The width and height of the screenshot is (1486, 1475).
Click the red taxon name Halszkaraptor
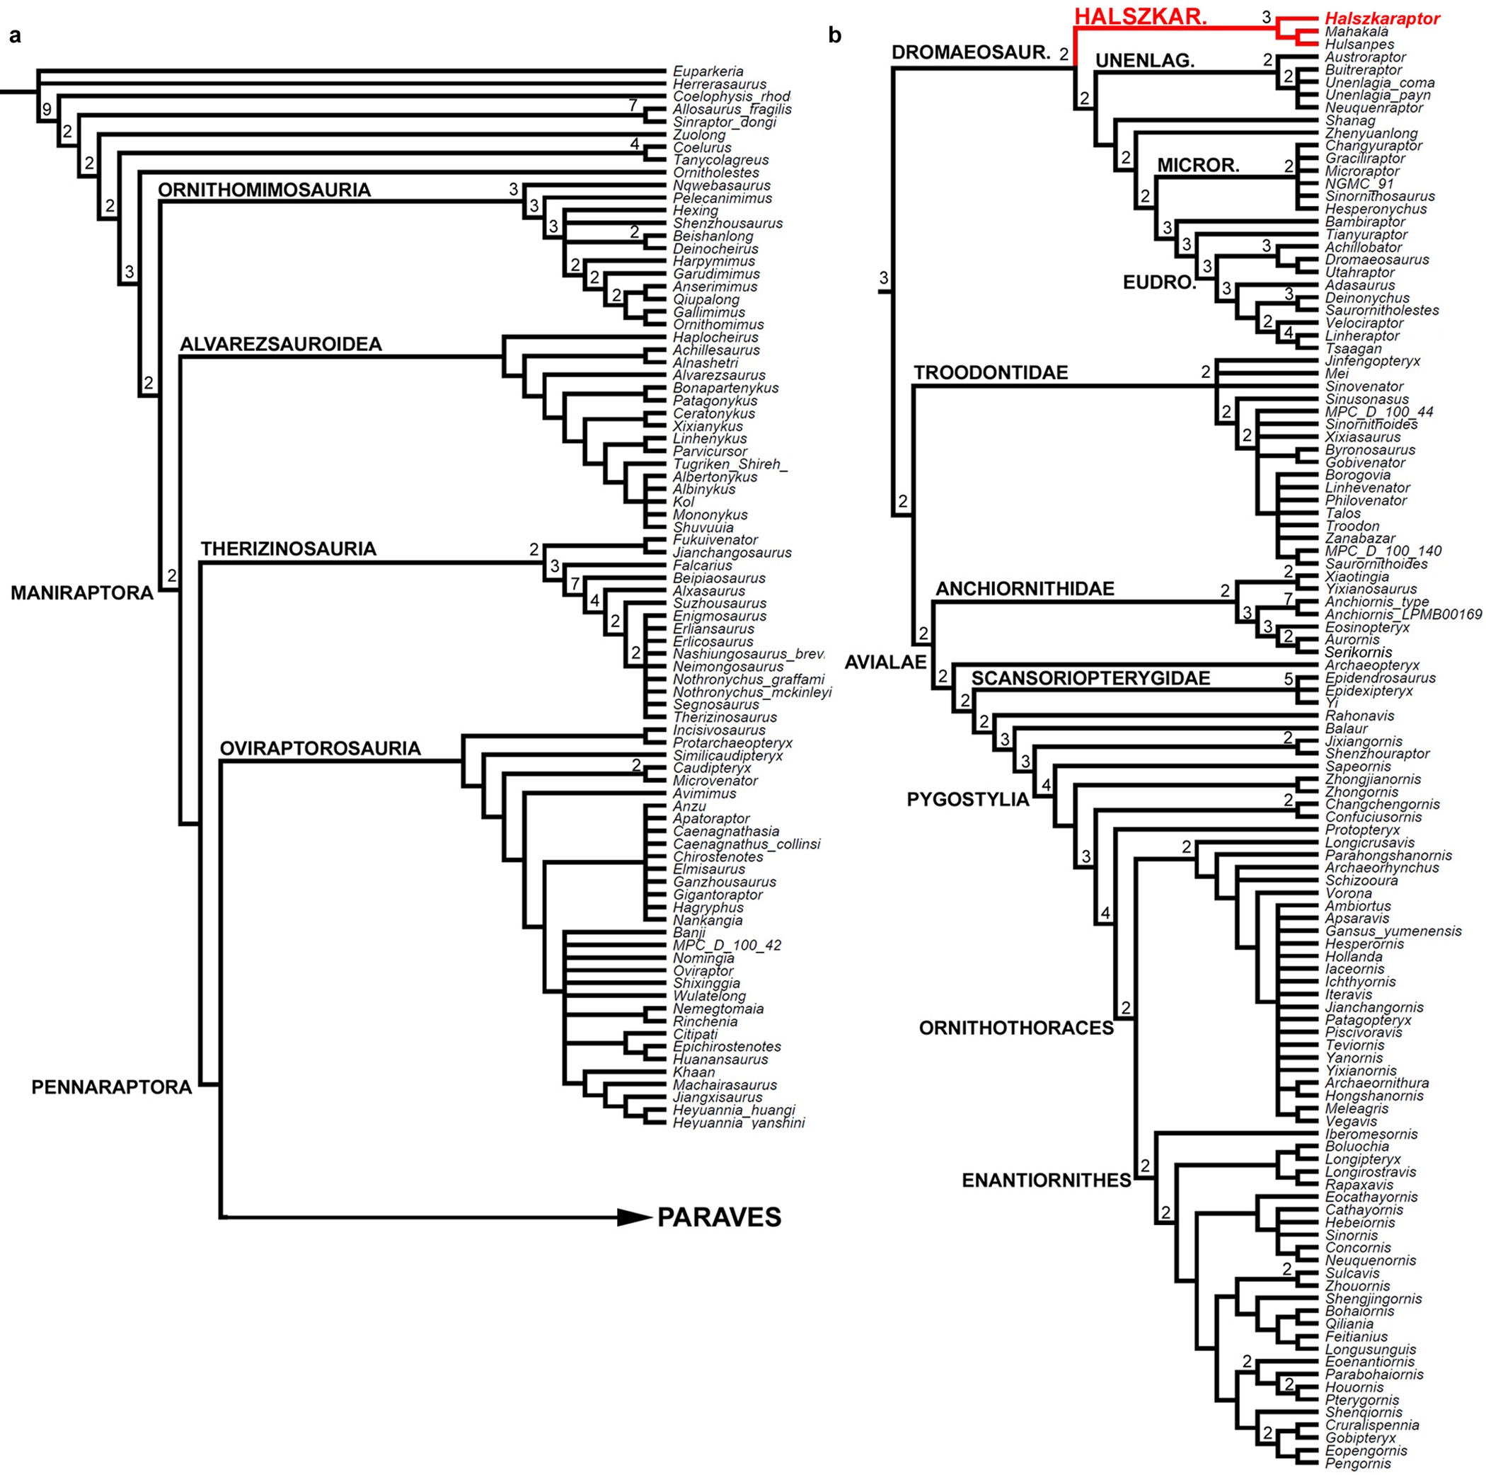(x=1382, y=19)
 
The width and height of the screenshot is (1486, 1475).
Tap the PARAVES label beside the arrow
(x=719, y=1217)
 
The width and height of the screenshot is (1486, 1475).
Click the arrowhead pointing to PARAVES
(x=635, y=1217)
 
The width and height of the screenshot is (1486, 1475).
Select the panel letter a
(x=15, y=35)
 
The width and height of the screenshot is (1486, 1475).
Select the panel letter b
(x=835, y=35)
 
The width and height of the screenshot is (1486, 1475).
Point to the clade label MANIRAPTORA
(x=81, y=592)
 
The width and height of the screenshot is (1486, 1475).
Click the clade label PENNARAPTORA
(x=112, y=1086)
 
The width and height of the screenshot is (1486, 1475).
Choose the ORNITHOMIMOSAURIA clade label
(x=264, y=190)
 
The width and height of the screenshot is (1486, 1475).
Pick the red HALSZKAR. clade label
(x=1140, y=17)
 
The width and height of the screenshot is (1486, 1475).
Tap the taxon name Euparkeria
(x=708, y=71)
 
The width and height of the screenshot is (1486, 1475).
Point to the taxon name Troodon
(x=1352, y=525)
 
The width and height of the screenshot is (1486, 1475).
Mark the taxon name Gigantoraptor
(x=718, y=894)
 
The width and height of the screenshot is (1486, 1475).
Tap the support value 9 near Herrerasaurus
(x=47, y=109)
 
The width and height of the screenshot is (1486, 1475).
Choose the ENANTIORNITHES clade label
(x=1046, y=1181)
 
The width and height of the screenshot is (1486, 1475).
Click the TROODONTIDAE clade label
(x=991, y=373)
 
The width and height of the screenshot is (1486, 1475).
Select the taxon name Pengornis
(x=1357, y=1464)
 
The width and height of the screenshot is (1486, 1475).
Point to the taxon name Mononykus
(x=710, y=515)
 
